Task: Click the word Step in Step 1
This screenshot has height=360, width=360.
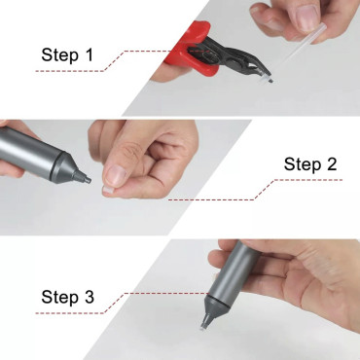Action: (x=60, y=55)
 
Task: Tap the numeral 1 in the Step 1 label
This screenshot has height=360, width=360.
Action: (x=90, y=54)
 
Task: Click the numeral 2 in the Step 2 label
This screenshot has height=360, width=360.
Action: (x=330, y=163)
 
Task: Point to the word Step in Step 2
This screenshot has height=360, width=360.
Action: (x=303, y=164)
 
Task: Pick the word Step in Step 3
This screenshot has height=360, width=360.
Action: (x=60, y=298)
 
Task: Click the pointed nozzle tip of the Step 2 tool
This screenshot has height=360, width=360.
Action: (x=86, y=179)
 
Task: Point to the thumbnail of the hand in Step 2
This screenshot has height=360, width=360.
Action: (x=116, y=175)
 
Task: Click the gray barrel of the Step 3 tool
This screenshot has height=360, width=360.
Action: (x=234, y=270)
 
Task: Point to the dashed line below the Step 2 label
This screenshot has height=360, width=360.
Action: (x=255, y=190)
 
